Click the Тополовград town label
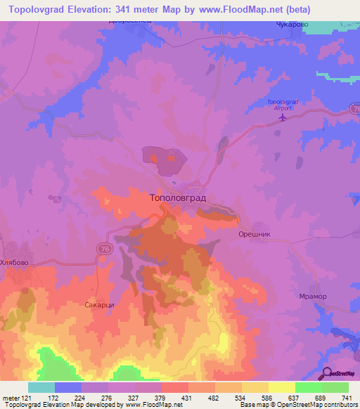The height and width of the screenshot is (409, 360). [x=178, y=198]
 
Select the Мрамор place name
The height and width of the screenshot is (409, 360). [x=311, y=296]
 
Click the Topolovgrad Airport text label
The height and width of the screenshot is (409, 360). [x=283, y=105]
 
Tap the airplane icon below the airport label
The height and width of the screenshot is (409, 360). [x=283, y=117]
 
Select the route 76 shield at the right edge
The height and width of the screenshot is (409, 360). [x=354, y=108]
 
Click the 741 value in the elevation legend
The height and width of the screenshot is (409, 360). [x=345, y=397]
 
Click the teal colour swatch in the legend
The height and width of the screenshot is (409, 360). [x=41, y=387]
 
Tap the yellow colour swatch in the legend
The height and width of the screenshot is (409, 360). [x=281, y=387]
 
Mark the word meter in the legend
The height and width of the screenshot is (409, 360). [x=11, y=397]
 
